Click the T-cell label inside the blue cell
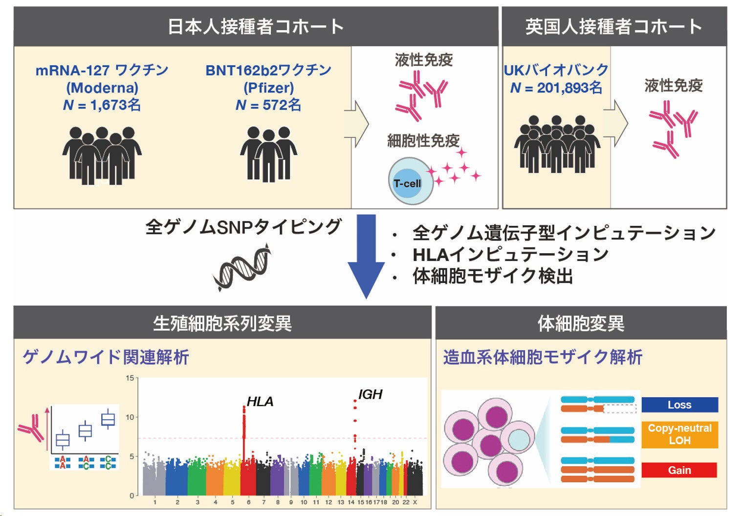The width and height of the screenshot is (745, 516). [407, 184]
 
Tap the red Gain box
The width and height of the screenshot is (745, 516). [679, 470]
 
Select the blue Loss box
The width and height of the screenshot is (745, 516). [679, 405]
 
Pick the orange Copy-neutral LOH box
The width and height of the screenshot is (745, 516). [679, 434]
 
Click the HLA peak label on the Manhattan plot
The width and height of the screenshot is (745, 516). [260, 402]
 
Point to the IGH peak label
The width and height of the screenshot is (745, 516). [370, 394]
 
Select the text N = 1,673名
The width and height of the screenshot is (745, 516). [102, 105]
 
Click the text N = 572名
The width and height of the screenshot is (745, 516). [268, 105]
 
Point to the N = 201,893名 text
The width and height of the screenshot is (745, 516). [556, 88]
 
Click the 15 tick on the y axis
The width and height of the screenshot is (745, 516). [130, 378]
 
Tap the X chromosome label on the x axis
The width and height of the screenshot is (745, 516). [415, 502]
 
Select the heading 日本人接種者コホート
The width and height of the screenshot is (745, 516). [256, 27]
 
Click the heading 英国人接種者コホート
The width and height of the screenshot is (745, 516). [614, 27]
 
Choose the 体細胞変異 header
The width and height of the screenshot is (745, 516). [581, 323]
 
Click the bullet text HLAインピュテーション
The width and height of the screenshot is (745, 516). [510, 255]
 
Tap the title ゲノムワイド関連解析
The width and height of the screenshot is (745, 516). [106, 357]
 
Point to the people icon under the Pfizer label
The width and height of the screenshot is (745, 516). [268, 154]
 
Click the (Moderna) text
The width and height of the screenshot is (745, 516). [102, 88]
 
